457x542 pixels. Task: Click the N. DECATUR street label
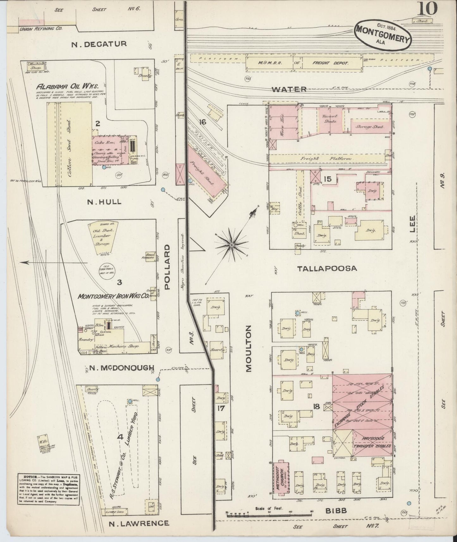[99, 44]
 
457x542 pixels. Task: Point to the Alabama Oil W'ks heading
[67, 86]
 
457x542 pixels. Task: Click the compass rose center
[232, 245]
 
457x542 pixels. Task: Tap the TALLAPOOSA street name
[327, 268]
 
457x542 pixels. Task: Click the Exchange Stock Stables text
[361, 406]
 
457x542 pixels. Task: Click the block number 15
[327, 179]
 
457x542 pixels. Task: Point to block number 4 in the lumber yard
[120, 437]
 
